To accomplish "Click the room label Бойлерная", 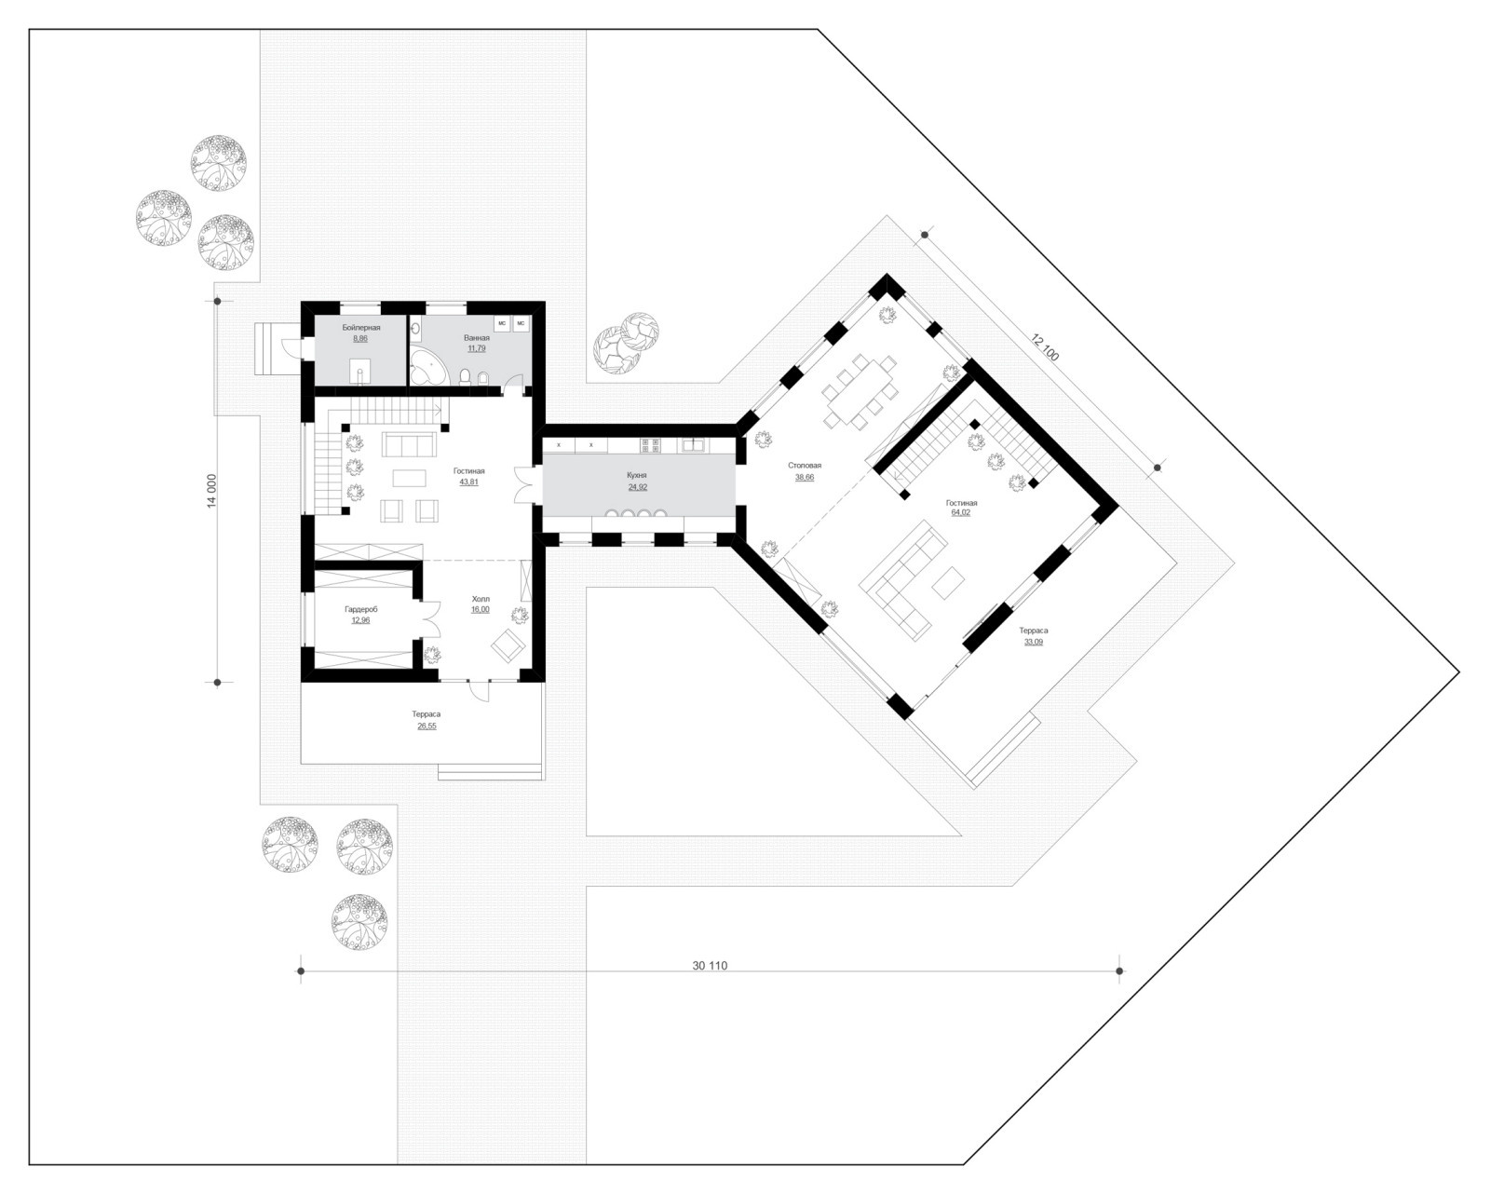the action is (x=360, y=328).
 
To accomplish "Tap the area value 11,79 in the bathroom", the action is (x=477, y=348).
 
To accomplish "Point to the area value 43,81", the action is (x=468, y=482).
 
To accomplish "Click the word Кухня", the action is (x=636, y=476).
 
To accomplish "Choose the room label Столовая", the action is (x=805, y=466).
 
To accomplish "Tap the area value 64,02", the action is (x=961, y=512).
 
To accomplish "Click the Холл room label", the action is (x=481, y=598).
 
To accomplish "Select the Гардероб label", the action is (x=360, y=609).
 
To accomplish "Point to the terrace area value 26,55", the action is (x=427, y=726).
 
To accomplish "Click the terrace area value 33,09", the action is (x=1033, y=642).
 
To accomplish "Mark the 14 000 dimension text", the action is (x=212, y=491).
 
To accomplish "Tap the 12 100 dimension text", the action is (x=1046, y=347).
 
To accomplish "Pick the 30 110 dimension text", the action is (x=710, y=966).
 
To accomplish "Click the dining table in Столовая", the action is (x=860, y=392).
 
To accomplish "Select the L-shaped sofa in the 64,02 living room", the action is (x=903, y=581).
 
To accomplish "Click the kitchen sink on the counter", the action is (x=692, y=444).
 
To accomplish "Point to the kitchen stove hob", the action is (x=650, y=444).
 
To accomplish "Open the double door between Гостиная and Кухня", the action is (x=524, y=484).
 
